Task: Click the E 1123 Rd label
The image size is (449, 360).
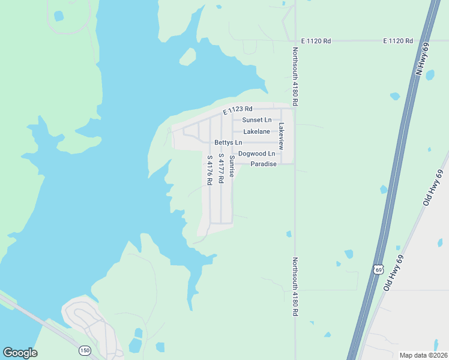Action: [x=238, y=110]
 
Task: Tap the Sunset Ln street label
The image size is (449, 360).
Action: [x=256, y=120]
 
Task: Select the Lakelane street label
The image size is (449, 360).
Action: [x=256, y=131]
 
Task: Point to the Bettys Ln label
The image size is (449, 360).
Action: [x=228, y=143]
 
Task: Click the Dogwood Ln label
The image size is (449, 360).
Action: [x=256, y=154]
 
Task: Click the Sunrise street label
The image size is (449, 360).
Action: [x=232, y=165]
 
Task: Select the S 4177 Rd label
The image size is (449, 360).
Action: [x=221, y=169]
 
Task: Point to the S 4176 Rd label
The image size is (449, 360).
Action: [x=210, y=170]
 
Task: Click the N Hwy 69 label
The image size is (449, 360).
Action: [x=423, y=60]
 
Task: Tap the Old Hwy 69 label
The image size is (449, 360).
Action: [x=433, y=189]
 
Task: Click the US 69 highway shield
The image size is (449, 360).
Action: [x=378, y=269]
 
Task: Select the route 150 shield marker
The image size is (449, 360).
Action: [x=84, y=349]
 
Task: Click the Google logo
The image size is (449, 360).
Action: [x=20, y=353]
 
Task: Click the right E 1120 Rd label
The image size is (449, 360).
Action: [x=399, y=41]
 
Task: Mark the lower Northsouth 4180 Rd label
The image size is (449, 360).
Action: [x=295, y=287]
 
